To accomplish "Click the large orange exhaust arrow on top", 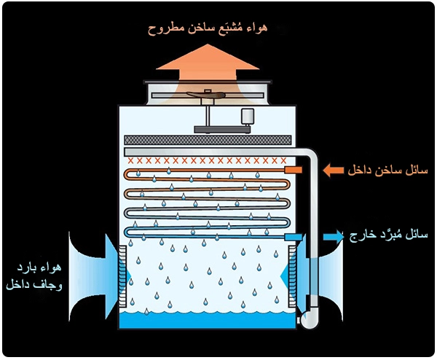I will click(x=208, y=61).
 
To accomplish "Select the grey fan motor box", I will click(x=248, y=116).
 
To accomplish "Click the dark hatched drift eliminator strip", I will click(x=210, y=139).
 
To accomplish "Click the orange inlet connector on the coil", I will click(x=294, y=170).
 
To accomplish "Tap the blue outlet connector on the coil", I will click(x=293, y=237).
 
